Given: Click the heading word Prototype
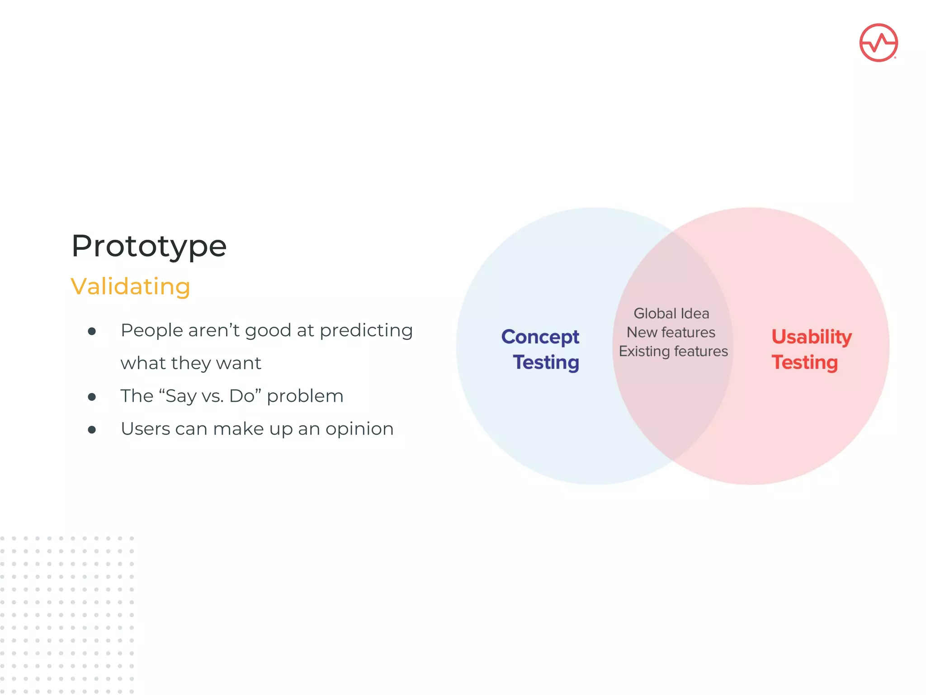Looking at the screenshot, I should coord(149,247).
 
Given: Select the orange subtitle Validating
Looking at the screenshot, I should coord(130,286).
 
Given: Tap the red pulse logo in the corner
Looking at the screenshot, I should coord(878,43).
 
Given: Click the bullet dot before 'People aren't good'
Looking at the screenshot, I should coord(92,332).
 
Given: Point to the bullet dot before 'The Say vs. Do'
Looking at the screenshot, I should coord(92,397).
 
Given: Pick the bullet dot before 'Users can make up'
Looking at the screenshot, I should coord(92,430).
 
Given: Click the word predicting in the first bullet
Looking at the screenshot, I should coord(366,331).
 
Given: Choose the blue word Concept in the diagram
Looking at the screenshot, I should coord(540,337).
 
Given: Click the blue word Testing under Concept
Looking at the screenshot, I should coord(546,362).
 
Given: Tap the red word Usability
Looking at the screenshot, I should coord(812,337).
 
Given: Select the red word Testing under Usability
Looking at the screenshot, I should coord(804,362).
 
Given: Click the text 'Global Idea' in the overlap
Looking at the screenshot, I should coord(671,314).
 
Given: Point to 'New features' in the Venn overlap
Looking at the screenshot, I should coord(671,333).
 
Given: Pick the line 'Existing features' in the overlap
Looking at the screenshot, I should coord(673,352).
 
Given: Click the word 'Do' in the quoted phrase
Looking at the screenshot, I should coord(242,396).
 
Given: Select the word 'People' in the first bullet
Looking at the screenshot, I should coord(151,331).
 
